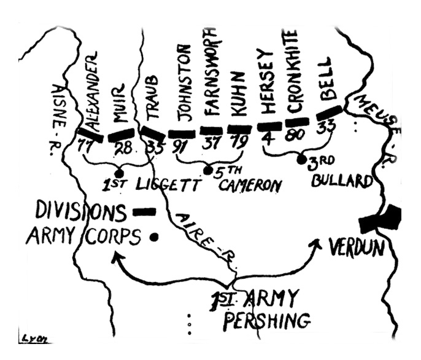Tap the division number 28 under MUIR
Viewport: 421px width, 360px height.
tap(123, 147)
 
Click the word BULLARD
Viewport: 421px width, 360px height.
tap(342, 181)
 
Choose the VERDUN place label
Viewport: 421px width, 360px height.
tap(357, 246)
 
